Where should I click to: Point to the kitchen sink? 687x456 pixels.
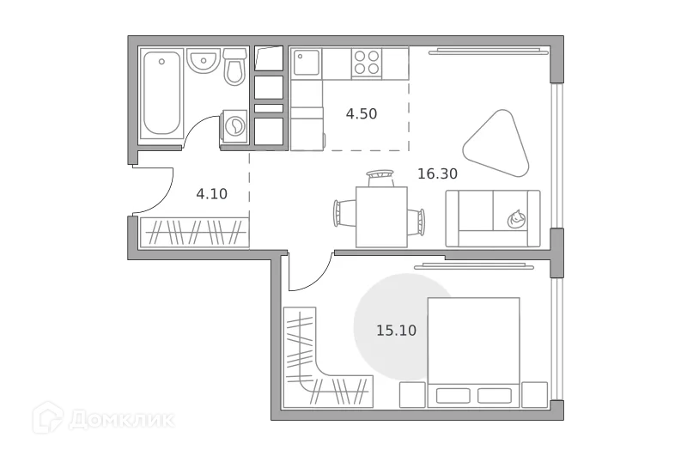coord(307,63)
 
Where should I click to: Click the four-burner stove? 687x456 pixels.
coord(368,63)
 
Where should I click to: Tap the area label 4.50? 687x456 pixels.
coord(362,113)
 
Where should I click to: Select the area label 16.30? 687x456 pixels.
coord(437,173)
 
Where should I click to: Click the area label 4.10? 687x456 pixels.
coord(211,193)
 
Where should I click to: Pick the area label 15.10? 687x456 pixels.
coord(396,330)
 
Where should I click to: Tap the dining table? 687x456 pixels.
coord(381,216)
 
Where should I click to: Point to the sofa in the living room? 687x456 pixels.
coord(492,217)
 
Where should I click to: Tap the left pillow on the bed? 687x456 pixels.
coord(453,395)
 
